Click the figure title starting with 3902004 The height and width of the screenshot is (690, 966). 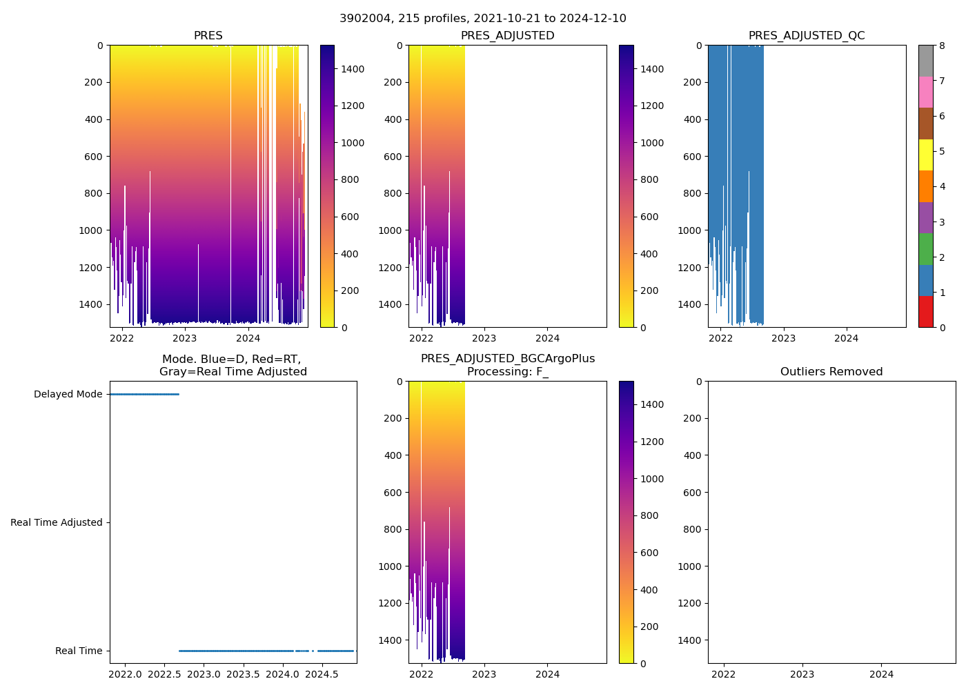coord(482,19)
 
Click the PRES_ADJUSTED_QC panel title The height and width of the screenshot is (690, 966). coord(806,36)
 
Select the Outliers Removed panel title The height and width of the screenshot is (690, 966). coord(831,372)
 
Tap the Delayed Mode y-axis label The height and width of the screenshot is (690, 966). coord(68,395)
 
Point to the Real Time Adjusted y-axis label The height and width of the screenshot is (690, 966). coord(57,523)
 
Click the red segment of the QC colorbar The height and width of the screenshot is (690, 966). coord(925,312)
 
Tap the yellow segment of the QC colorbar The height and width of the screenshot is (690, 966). coord(925,155)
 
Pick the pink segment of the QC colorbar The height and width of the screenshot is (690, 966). coord(925,92)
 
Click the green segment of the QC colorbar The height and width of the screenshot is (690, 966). coord(925,249)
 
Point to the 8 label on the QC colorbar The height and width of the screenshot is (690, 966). coord(942,46)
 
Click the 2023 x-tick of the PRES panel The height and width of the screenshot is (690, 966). coord(185,338)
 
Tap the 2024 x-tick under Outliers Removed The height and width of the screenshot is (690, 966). coord(881,674)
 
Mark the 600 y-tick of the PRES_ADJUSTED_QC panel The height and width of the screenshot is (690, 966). coord(693,157)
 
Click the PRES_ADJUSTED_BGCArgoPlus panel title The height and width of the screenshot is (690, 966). coord(507,365)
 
